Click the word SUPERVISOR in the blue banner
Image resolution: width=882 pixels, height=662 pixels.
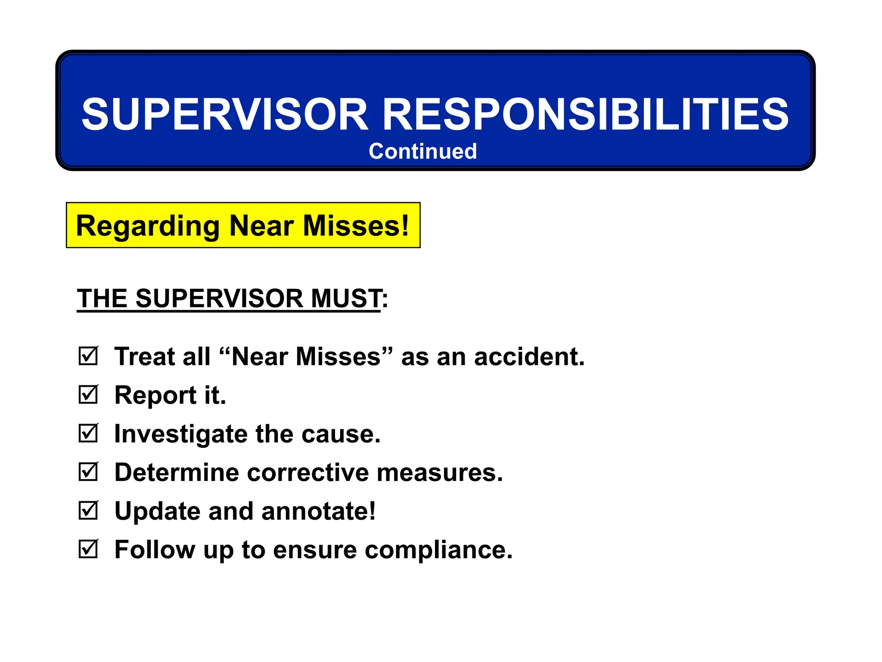click(224, 114)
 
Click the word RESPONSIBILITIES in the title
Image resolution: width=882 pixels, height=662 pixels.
click(585, 114)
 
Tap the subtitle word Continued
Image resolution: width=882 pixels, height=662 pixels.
click(422, 151)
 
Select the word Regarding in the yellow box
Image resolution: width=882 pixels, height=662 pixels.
click(148, 226)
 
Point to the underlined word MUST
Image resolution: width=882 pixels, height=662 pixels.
click(345, 298)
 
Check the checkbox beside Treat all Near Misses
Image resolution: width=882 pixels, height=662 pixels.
click(88, 356)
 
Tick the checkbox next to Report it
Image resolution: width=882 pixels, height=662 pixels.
click(88, 395)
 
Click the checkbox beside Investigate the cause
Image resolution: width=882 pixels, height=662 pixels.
click(88, 433)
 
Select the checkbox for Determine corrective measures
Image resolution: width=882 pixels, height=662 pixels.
click(88, 472)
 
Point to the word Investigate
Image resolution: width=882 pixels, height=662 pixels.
click(181, 434)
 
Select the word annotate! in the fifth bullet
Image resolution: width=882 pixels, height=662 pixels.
click(318, 511)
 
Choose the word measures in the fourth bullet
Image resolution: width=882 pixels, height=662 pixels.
click(440, 473)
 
